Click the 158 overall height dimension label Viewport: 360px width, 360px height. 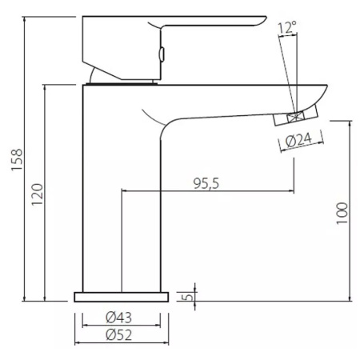[18, 160]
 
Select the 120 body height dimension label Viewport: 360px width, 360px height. [38, 194]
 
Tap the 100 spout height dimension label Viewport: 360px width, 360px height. [342, 214]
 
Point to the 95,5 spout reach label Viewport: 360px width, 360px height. [206, 183]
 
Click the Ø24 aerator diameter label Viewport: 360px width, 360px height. [298, 140]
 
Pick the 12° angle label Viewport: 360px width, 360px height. [287, 27]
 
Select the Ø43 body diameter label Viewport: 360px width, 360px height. [118, 318]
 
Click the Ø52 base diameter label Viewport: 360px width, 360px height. [118, 334]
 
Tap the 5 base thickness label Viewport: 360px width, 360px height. [189, 297]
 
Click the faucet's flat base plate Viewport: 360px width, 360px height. [122, 297]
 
